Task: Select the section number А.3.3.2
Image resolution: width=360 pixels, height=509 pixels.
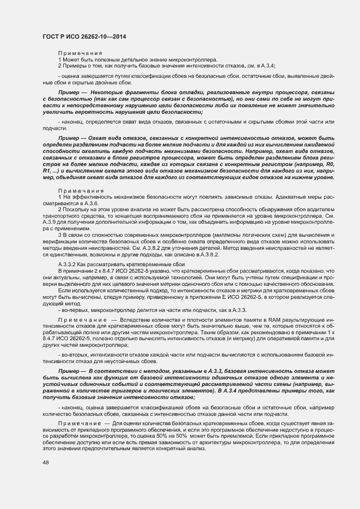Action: tap(68, 263)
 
